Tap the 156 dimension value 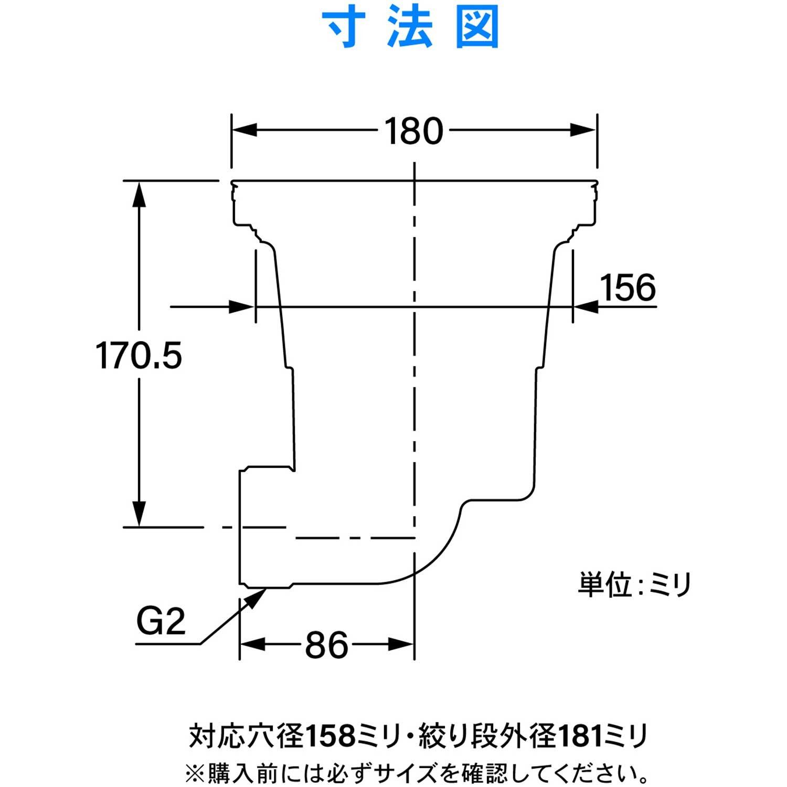(x=628, y=288)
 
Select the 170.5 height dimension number (x=139, y=356)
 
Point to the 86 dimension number (x=326, y=645)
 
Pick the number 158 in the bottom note (x=331, y=736)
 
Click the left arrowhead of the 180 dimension (x=244, y=130)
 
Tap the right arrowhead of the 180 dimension (x=583, y=130)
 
